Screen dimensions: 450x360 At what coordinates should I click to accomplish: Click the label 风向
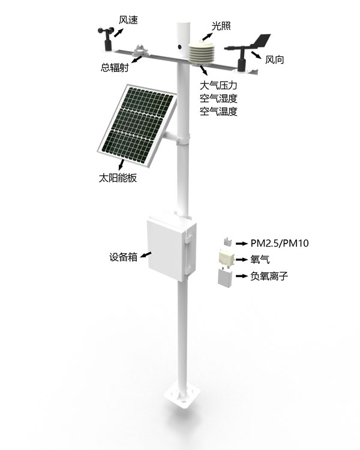click(274, 60)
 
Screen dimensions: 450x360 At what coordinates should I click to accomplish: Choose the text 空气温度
click(218, 111)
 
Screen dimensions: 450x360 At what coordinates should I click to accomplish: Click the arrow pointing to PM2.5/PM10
click(241, 244)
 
